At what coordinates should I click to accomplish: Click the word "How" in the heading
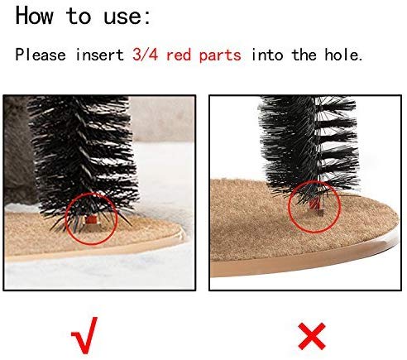[34, 16]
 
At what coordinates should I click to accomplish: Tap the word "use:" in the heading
[127, 17]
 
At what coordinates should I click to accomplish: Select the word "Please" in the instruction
[41, 55]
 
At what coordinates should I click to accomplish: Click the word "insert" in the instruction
[100, 55]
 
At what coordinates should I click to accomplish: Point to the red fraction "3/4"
[145, 55]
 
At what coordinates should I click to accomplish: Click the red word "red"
[179, 55]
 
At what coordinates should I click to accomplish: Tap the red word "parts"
[220, 55]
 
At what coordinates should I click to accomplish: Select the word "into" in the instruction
[267, 55]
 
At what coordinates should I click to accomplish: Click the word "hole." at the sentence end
[343, 55]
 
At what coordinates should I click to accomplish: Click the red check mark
[84, 335]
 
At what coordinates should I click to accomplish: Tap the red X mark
[312, 336]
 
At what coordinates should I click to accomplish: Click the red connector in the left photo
[92, 219]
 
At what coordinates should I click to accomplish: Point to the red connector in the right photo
[314, 204]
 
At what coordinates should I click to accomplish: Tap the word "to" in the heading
[79, 16]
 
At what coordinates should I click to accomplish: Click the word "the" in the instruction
[304, 55]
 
